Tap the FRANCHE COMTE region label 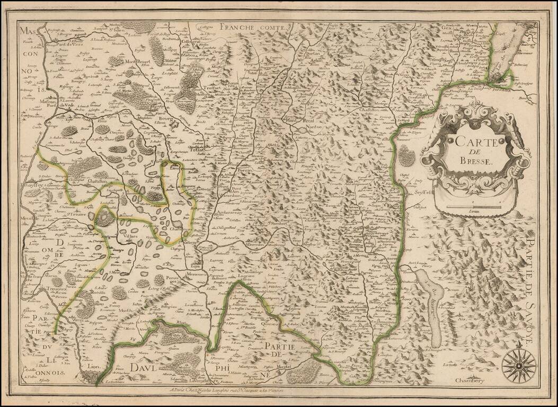point(262,24)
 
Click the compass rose point(518,365)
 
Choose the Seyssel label point(424,193)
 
